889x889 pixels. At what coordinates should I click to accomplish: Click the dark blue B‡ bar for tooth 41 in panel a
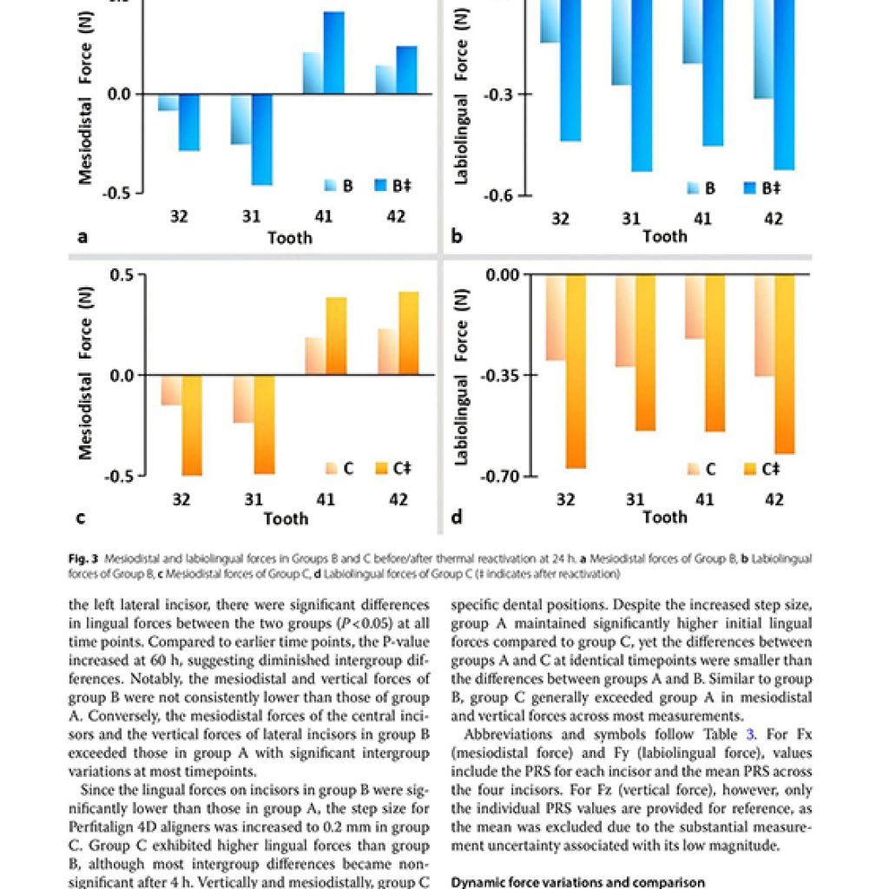(333, 53)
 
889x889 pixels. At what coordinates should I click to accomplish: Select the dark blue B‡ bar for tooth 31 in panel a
(261, 139)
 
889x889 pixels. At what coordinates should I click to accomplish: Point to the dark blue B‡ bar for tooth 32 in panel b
(570, 69)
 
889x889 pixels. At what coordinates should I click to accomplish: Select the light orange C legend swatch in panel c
(330, 469)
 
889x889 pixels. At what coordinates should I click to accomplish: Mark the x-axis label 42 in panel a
(395, 216)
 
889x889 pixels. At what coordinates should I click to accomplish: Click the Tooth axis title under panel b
(665, 236)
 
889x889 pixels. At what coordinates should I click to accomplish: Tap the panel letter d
(456, 518)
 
